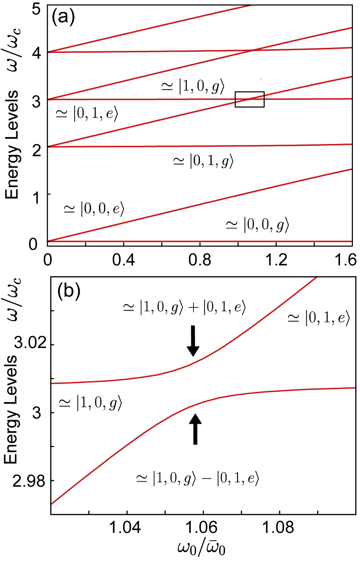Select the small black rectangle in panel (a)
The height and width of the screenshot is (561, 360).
tap(250, 99)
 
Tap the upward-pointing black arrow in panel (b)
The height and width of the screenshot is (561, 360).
tap(195, 429)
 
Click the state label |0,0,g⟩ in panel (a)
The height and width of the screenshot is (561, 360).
tap(257, 225)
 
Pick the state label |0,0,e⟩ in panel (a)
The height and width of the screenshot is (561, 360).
tap(94, 209)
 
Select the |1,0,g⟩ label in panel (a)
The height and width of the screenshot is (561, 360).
tap(193, 86)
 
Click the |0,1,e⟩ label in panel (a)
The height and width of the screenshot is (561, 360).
tap(87, 114)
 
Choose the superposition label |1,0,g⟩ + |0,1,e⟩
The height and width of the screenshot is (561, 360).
tap(184, 308)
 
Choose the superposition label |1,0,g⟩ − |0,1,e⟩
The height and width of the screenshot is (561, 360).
tap(197, 479)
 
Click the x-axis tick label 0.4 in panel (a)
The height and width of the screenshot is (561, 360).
tap(123, 260)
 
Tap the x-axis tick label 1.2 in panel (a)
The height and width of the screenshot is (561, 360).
tap(276, 260)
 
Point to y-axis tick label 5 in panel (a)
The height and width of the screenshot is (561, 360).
tap(36, 9)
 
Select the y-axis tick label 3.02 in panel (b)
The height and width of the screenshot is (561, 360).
tap(30, 343)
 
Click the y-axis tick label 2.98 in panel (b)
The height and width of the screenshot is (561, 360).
tap(29, 482)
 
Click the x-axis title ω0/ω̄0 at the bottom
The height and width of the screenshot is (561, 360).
tap(201, 548)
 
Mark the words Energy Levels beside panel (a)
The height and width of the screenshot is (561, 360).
tap(12, 145)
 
